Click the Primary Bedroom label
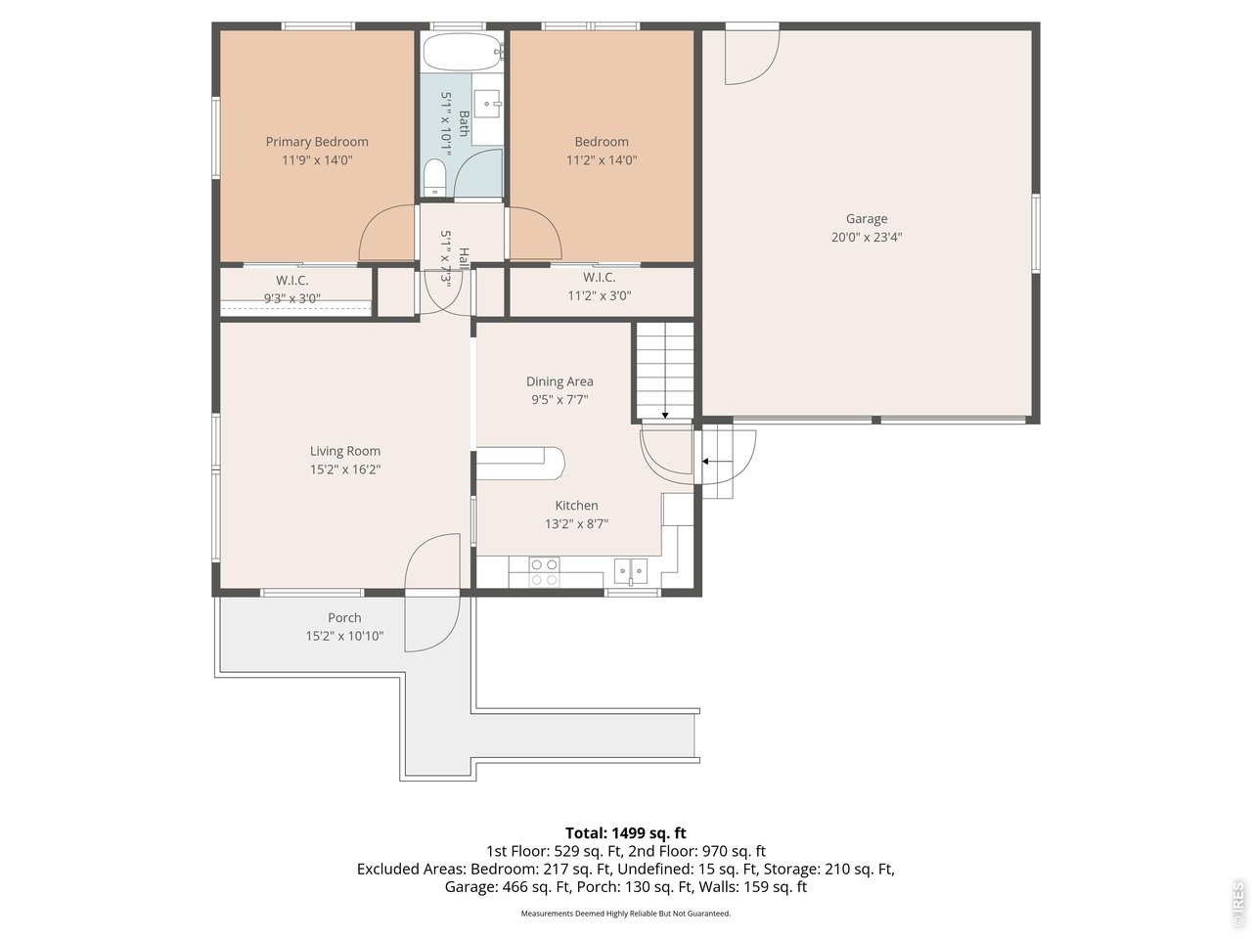tap(317, 142)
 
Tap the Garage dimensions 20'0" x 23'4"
tap(867, 237)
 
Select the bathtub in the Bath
tap(463, 51)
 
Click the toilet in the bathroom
tap(435, 177)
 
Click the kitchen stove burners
tap(544, 572)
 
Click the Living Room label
tap(345, 451)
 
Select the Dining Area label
tap(559, 381)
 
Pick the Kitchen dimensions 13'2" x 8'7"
tap(577, 524)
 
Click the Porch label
tap(344, 617)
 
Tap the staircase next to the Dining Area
tap(665, 371)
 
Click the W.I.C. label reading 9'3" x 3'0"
tap(292, 290)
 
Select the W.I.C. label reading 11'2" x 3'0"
tap(599, 287)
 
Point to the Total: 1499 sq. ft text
tap(626, 833)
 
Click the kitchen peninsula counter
tap(520, 463)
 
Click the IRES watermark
tap(1237, 900)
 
